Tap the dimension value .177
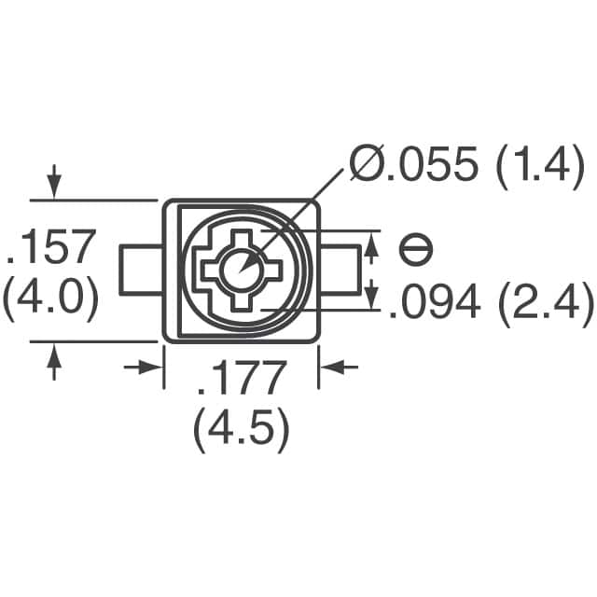[241, 381]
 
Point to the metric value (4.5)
[241, 431]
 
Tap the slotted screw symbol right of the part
[416, 249]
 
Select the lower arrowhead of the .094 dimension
[372, 297]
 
